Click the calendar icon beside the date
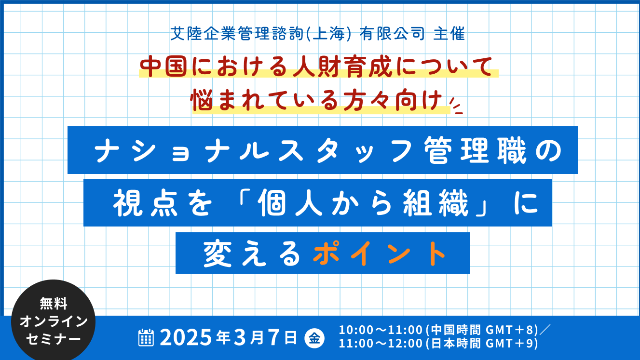pyautogui.click(x=146, y=337)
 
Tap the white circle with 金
pyautogui.click(x=314, y=339)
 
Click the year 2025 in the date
pyautogui.click(x=186, y=337)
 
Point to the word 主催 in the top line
pyautogui.click(x=449, y=34)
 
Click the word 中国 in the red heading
pyautogui.click(x=163, y=67)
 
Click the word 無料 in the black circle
pyautogui.click(x=54, y=303)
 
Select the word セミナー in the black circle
pyautogui.click(x=54, y=339)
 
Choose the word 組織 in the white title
pyautogui.click(x=436, y=203)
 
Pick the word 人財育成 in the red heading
pyautogui.click(x=342, y=67)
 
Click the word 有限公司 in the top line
pyautogui.click(x=392, y=34)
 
